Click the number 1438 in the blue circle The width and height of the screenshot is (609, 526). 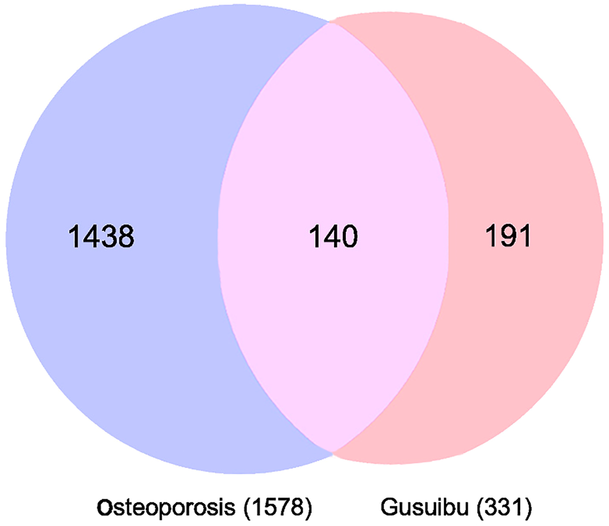click(x=101, y=236)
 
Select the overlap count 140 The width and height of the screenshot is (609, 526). click(x=333, y=236)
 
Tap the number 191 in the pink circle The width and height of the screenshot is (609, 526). click(x=508, y=236)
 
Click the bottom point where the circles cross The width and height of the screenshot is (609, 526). click(x=333, y=452)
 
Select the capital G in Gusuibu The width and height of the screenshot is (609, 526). click(x=387, y=508)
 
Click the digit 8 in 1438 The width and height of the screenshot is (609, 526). click(x=126, y=236)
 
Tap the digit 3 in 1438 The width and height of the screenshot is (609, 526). click(x=109, y=236)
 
